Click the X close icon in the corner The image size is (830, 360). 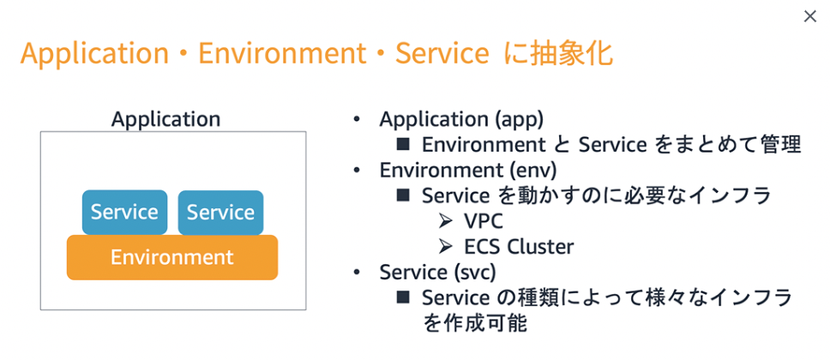(x=809, y=16)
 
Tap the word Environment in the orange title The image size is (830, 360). (x=282, y=54)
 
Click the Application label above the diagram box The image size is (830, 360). (x=165, y=119)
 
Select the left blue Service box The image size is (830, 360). (x=124, y=212)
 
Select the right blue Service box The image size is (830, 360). (x=220, y=212)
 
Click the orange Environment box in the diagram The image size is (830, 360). (x=171, y=256)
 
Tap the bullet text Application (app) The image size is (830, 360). (x=461, y=119)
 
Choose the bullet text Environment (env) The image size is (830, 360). (x=468, y=171)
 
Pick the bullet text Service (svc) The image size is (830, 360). (x=437, y=272)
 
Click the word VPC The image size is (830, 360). (x=484, y=221)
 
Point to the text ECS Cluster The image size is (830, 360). (x=519, y=247)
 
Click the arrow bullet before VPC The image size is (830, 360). (x=445, y=221)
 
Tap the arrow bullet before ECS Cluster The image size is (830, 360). (x=445, y=247)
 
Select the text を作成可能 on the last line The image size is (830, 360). (x=473, y=323)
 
